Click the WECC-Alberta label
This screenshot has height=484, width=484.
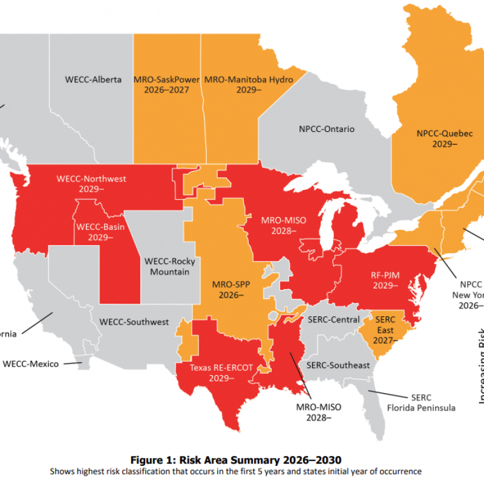[x=93, y=79]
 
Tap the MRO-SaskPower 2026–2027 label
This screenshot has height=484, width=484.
[x=167, y=85]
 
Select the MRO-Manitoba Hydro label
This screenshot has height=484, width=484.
[x=248, y=85]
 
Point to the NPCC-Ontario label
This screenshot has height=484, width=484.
[x=327, y=129]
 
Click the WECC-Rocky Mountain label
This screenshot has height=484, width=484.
[x=166, y=267]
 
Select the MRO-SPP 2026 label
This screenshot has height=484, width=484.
[x=228, y=289]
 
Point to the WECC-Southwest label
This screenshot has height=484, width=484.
[x=134, y=322]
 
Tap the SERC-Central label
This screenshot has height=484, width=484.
[x=333, y=319]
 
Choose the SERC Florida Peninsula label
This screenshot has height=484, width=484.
[x=421, y=403]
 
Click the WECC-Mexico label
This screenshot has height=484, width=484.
[x=31, y=364]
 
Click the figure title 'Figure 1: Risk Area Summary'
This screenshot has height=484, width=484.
[x=242, y=460]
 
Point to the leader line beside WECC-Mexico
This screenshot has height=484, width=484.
[x=73, y=363]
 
